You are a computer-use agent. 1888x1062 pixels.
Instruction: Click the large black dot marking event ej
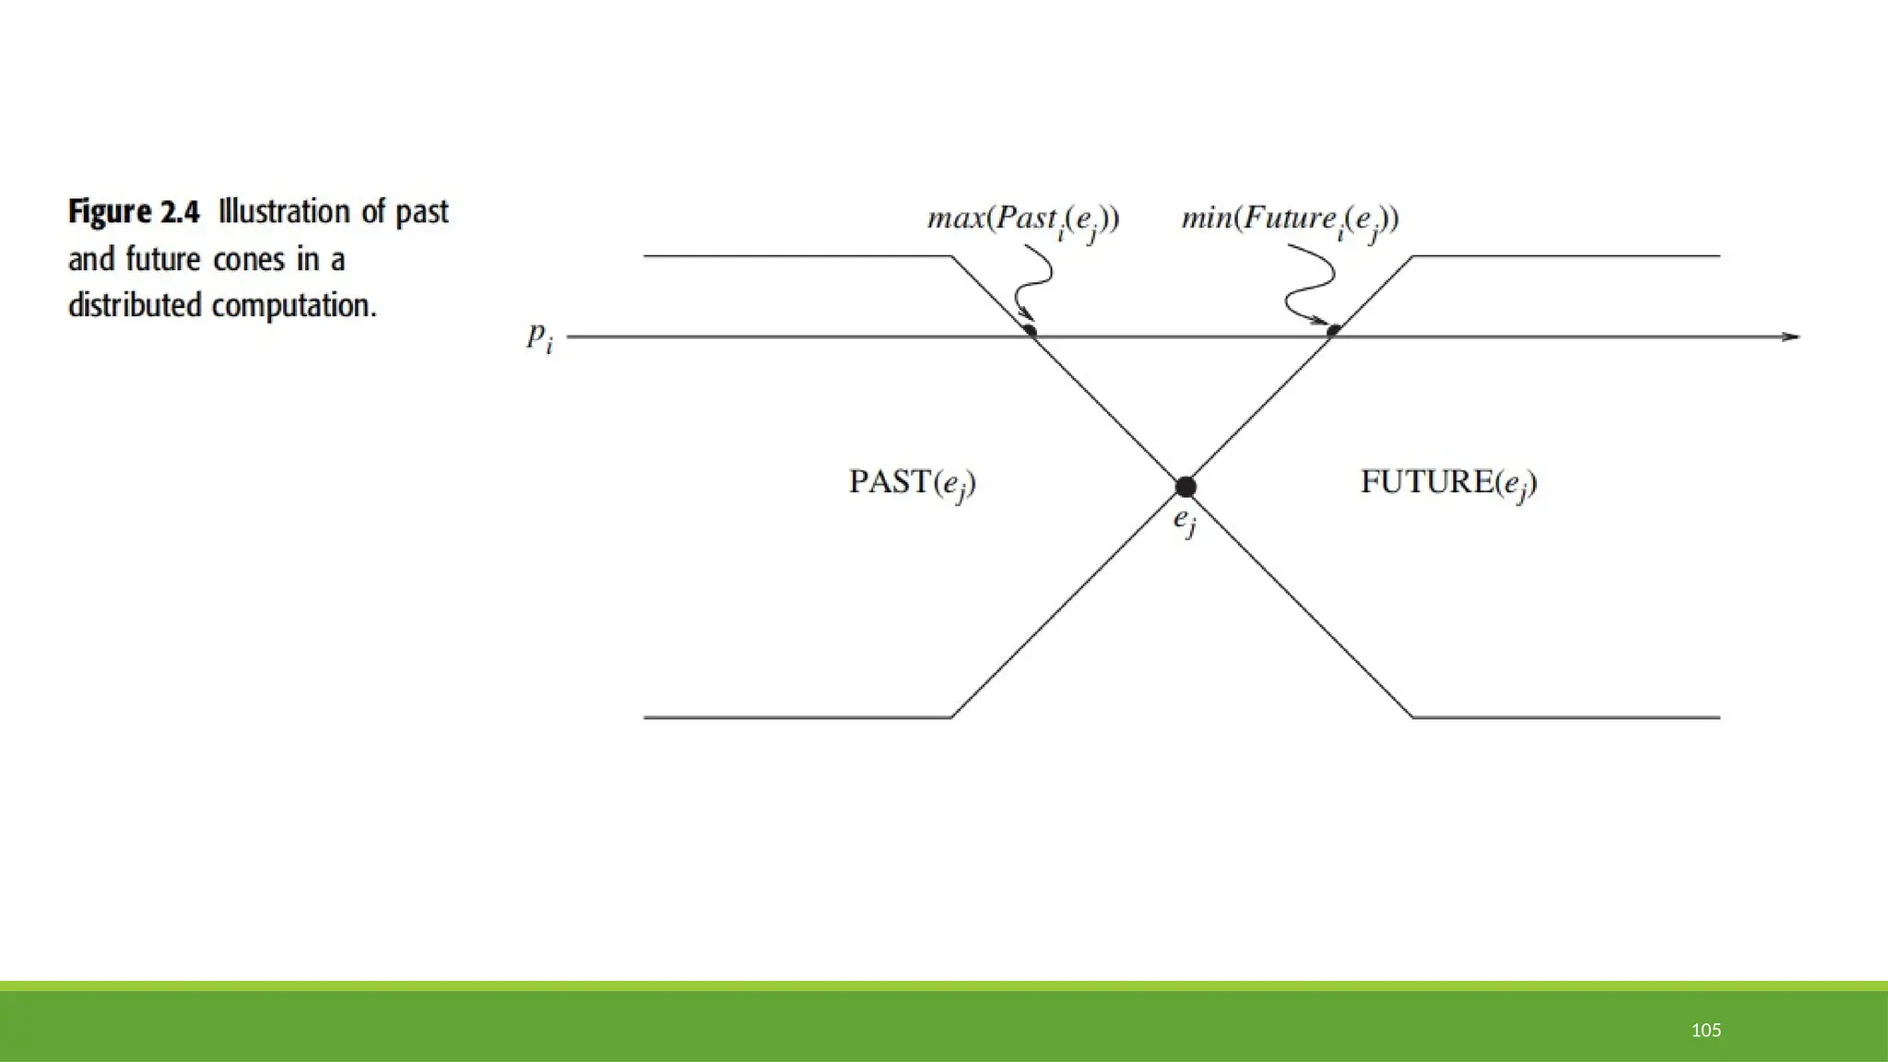(x=1186, y=487)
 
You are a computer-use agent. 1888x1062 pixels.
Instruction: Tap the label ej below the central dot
(x=1185, y=522)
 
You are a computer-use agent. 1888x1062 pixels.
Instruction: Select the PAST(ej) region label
(x=912, y=483)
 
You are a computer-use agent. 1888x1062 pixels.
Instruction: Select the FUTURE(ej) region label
(x=1448, y=483)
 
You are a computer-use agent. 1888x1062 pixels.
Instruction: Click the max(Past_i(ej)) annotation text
(x=1023, y=220)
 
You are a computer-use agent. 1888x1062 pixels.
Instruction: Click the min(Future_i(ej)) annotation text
(x=1290, y=220)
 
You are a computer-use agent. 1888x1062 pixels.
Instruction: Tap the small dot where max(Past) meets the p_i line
(x=1030, y=330)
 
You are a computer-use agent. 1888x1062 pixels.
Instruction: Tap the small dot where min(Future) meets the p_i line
(x=1333, y=329)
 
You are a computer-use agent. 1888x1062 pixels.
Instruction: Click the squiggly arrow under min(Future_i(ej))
(x=1309, y=281)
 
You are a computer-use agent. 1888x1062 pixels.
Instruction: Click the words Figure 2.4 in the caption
(x=134, y=213)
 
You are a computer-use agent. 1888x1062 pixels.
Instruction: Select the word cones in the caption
(x=248, y=260)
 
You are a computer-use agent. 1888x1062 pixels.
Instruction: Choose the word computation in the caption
(x=294, y=306)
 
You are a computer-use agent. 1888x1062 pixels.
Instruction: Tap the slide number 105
(x=1706, y=1031)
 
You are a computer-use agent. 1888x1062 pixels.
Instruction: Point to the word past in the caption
(x=422, y=213)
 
